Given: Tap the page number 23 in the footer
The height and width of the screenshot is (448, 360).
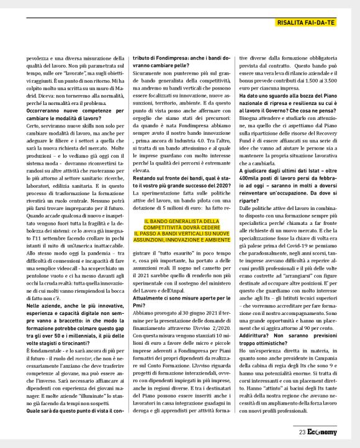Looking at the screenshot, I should pos(302,432).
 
